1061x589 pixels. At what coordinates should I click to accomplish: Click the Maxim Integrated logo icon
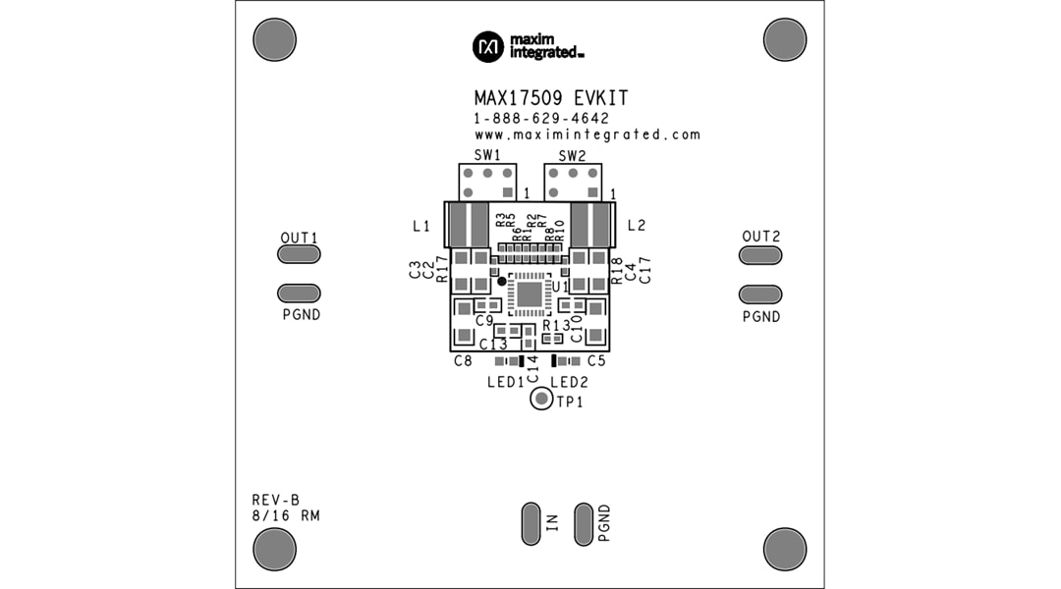pyautogui.click(x=488, y=45)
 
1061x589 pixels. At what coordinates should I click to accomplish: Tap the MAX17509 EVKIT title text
pyautogui.click(x=551, y=99)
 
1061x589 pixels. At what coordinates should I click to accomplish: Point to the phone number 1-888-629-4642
pyautogui.click(x=541, y=118)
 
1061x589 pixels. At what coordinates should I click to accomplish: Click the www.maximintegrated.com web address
pyautogui.click(x=586, y=134)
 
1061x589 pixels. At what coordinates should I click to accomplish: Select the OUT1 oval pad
pyautogui.click(x=299, y=255)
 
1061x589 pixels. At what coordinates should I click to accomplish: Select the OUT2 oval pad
pyautogui.click(x=760, y=255)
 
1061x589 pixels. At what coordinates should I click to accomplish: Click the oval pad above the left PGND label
pyautogui.click(x=299, y=293)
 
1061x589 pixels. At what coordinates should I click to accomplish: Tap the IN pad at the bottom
pyautogui.click(x=530, y=523)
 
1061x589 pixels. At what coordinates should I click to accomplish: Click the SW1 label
pyautogui.click(x=488, y=155)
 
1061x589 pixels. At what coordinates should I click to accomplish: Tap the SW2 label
pyautogui.click(x=572, y=155)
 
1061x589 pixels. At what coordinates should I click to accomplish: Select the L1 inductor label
pyautogui.click(x=421, y=226)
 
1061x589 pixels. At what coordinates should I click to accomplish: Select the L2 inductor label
pyautogui.click(x=636, y=226)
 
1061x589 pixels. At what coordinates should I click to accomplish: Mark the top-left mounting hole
pyautogui.click(x=274, y=39)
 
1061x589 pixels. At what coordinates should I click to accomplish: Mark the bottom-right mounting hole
pyautogui.click(x=784, y=548)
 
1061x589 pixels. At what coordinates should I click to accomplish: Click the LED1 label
pyautogui.click(x=505, y=382)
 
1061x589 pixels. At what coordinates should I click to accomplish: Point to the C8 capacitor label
pyautogui.click(x=463, y=361)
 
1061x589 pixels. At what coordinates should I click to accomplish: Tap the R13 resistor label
pyautogui.click(x=556, y=325)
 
